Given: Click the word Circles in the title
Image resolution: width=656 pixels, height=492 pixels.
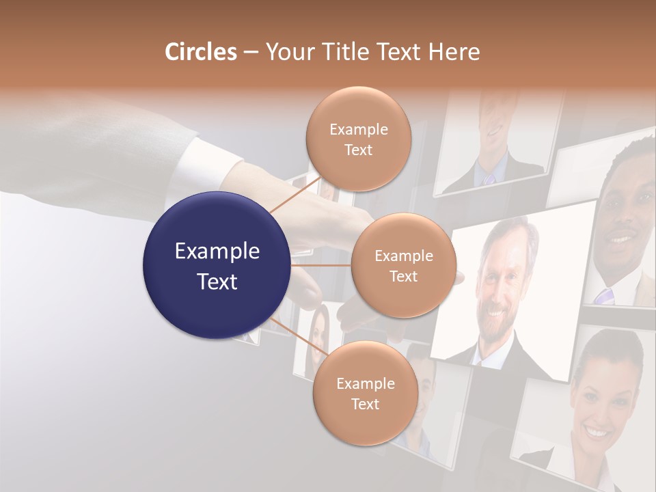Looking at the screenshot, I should (x=201, y=52).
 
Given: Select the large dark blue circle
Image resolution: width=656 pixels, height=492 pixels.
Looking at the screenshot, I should (x=217, y=266).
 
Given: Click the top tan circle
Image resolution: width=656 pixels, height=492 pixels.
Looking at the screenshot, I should (x=358, y=139).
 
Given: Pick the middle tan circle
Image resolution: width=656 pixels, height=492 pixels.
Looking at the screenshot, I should (x=403, y=266).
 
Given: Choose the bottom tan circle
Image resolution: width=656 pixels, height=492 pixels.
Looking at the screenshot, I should (x=365, y=394).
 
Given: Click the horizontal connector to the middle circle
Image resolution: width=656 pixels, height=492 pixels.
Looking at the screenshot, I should (x=321, y=265).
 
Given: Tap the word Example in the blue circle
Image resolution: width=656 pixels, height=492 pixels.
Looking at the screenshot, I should (x=217, y=251).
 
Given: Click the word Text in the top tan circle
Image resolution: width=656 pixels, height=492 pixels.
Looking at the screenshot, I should (x=358, y=150).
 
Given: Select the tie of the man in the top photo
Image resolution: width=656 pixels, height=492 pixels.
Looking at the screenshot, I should (x=490, y=178).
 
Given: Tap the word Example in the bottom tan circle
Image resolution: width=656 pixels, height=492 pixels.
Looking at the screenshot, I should (x=365, y=384).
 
